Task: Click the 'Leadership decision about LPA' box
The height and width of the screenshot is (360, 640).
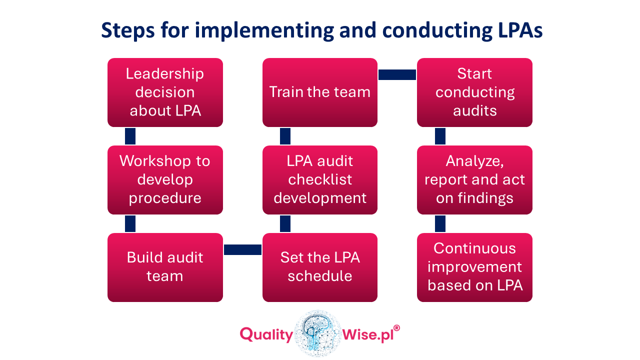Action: tap(165, 92)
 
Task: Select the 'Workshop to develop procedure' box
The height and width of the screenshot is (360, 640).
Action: tap(165, 180)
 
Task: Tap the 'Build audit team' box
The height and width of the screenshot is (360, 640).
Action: tap(165, 267)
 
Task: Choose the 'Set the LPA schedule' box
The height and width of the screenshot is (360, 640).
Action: tap(320, 267)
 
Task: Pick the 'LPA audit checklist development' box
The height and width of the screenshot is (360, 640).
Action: tap(320, 180)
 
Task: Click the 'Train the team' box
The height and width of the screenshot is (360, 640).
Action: tap(320, 92)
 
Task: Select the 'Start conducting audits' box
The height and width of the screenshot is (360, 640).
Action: tap(474, 92)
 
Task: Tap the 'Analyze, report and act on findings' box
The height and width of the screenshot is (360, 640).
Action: tap(474, 180)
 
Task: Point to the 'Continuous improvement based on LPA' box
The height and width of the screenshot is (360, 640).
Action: tap(474, 267)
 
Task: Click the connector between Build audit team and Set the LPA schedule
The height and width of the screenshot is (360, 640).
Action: tap(242, 249)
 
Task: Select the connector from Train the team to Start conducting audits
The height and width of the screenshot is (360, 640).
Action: tap(397, 74)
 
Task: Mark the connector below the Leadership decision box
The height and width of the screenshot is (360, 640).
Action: tap(130, 136)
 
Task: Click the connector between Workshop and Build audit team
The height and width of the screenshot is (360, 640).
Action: tap(130, 223)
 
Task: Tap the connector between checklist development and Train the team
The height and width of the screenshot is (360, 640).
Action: tap(285, 136)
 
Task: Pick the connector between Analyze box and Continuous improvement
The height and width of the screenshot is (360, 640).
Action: tap(440, 223)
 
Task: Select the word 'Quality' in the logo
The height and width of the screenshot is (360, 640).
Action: tap(266, 334)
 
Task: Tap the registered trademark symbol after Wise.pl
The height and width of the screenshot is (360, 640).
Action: tap(396, 328)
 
